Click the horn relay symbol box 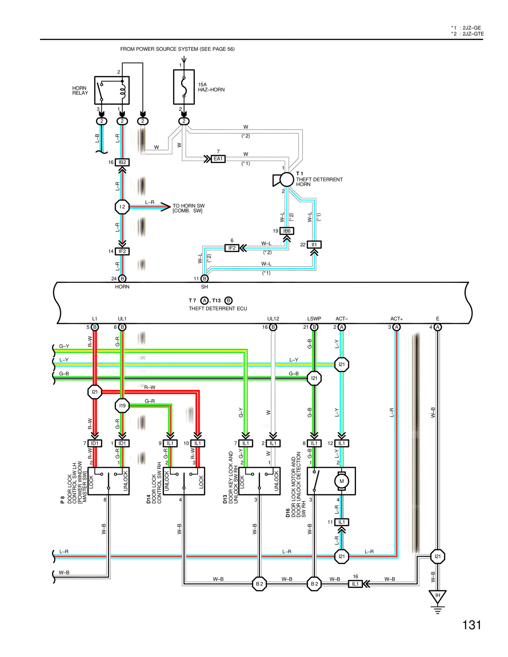coord(112,90)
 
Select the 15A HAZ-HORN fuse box coord(184,87)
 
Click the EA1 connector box coord(218,159)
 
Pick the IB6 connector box coord(287,231)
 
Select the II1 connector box coord(314,245)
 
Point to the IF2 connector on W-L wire coord(232,248)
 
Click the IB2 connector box coord(122,162)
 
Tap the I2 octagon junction coord(122,207)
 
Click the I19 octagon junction coord(122,405)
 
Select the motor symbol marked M coord(341,481)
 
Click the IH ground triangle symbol coord(437,596)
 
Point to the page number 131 coord(471,625)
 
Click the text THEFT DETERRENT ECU coord(217,309)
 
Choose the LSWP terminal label coord(314,319)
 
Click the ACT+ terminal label coord(396,319)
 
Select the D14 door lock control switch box coord(184,481)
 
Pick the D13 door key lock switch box coord(260,481)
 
